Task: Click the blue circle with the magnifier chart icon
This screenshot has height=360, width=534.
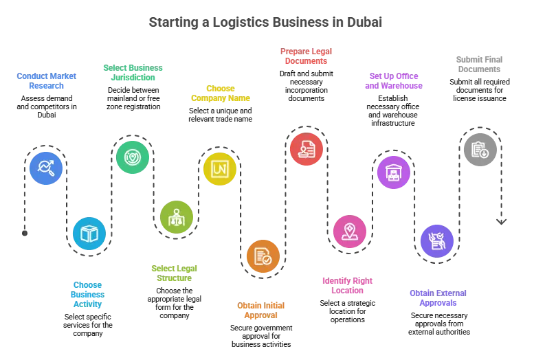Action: (46, 168)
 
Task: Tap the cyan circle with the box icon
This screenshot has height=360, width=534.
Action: (89, 234)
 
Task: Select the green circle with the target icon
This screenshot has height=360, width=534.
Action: (132, 157)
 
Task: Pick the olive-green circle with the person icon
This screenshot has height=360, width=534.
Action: (177, 216)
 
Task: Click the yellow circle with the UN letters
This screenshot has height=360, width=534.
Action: (220, 168)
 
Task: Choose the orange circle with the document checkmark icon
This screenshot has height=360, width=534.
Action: (263, 256)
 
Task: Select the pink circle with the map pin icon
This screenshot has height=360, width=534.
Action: (350, 231)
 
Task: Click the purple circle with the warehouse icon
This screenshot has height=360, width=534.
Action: (394, 172)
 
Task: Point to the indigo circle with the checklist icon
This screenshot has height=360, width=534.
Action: (437, 240)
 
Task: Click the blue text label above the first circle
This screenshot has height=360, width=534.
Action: (47, 81)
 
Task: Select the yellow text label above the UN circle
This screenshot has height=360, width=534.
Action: (220, 93)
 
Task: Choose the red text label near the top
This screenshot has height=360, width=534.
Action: (307, 56)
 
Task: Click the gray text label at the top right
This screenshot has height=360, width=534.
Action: (480, 65)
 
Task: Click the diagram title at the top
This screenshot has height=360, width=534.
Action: (267, 22)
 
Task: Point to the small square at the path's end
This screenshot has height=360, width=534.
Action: (503, 220)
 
